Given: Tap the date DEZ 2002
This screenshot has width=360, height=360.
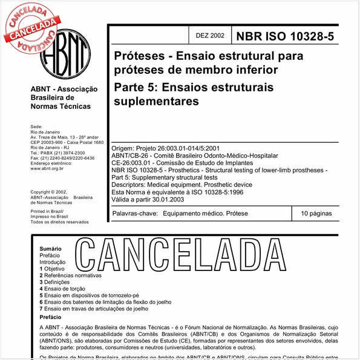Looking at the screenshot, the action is pos(210,36).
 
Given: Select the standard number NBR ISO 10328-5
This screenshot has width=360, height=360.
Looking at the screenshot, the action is pos(284,36).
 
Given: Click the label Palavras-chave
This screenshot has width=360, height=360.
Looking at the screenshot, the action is pos(135,214).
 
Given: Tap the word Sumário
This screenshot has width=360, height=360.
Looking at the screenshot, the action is pos(51,249).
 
